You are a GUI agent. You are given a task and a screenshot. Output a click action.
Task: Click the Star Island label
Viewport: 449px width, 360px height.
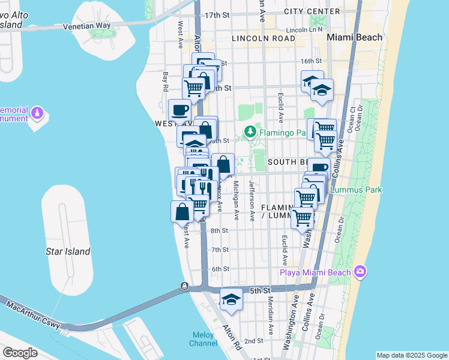click(68, 251)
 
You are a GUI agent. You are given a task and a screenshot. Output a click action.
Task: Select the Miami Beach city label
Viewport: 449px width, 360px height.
click(354, 37)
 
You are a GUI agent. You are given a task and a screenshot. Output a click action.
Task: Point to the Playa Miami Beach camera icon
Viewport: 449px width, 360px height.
click(360, 272)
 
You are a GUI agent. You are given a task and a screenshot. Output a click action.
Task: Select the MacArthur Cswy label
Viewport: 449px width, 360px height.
click(34, 314)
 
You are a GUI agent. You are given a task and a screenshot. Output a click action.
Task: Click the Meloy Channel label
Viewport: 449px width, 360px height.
click(204, 339)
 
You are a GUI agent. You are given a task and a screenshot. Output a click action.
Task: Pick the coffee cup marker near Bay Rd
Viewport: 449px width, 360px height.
click(180, 110)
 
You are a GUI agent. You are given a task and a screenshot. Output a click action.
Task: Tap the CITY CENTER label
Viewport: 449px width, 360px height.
click(312, 12)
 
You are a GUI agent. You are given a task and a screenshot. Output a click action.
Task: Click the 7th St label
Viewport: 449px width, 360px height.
click(220, 250)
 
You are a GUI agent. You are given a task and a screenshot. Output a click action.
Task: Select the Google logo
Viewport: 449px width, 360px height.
click(20, 352)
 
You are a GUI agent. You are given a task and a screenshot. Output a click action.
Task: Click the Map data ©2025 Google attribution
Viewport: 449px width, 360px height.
click(412, 355)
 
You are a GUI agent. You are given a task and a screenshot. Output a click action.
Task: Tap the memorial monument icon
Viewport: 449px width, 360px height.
click(38, 112)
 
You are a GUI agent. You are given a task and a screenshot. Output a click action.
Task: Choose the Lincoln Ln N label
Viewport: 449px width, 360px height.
click(304, 29)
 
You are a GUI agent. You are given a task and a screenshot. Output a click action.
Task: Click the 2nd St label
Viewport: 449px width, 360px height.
click(253, 341)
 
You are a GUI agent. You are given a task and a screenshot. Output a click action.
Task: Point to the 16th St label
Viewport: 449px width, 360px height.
click(311, 61)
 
